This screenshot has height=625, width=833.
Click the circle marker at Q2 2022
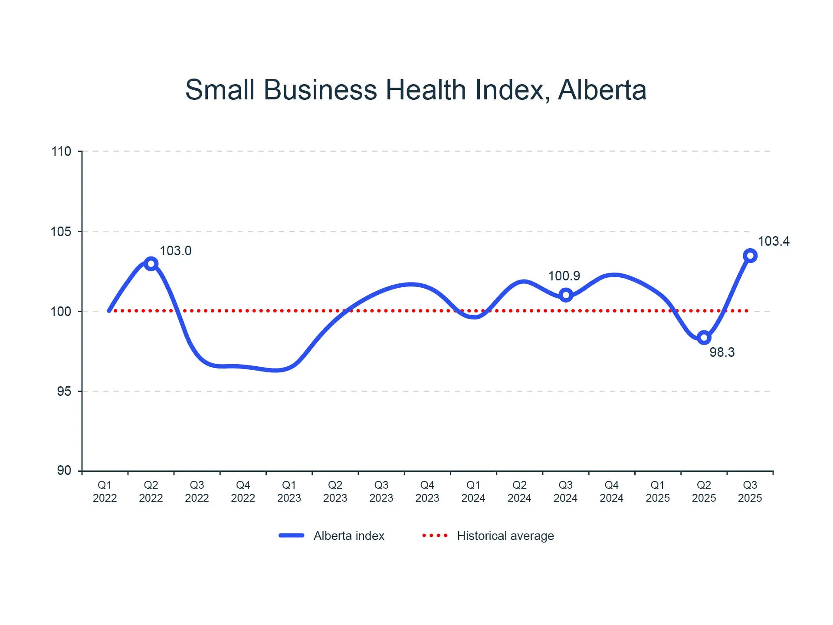coord(151,263)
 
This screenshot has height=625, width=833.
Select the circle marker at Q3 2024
coord(565,295)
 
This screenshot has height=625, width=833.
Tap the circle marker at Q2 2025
coord(704,337)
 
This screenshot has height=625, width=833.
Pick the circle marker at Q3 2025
coord(750,256)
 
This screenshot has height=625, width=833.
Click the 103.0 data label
coord(175,251)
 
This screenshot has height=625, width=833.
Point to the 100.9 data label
coord(564,276)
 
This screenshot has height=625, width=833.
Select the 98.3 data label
coord(721,352)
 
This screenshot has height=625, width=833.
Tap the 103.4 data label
coord(773,241)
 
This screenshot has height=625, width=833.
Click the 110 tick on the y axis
coord(61,151)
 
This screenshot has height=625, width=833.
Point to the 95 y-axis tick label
coord(64,391)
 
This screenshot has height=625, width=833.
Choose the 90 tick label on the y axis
coord(64,470)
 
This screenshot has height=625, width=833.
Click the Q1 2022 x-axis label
coord(105,491)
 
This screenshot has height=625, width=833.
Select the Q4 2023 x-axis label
coord(427,491)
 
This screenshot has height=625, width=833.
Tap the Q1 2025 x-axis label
coord(657,491)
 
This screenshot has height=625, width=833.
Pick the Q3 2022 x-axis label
coord(197,491)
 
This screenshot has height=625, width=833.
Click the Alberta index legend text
coord(349,536)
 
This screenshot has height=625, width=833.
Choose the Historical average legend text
coord(505,536)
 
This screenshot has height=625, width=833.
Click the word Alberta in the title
coord(602,90)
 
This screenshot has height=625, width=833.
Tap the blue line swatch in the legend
coord(291,536)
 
